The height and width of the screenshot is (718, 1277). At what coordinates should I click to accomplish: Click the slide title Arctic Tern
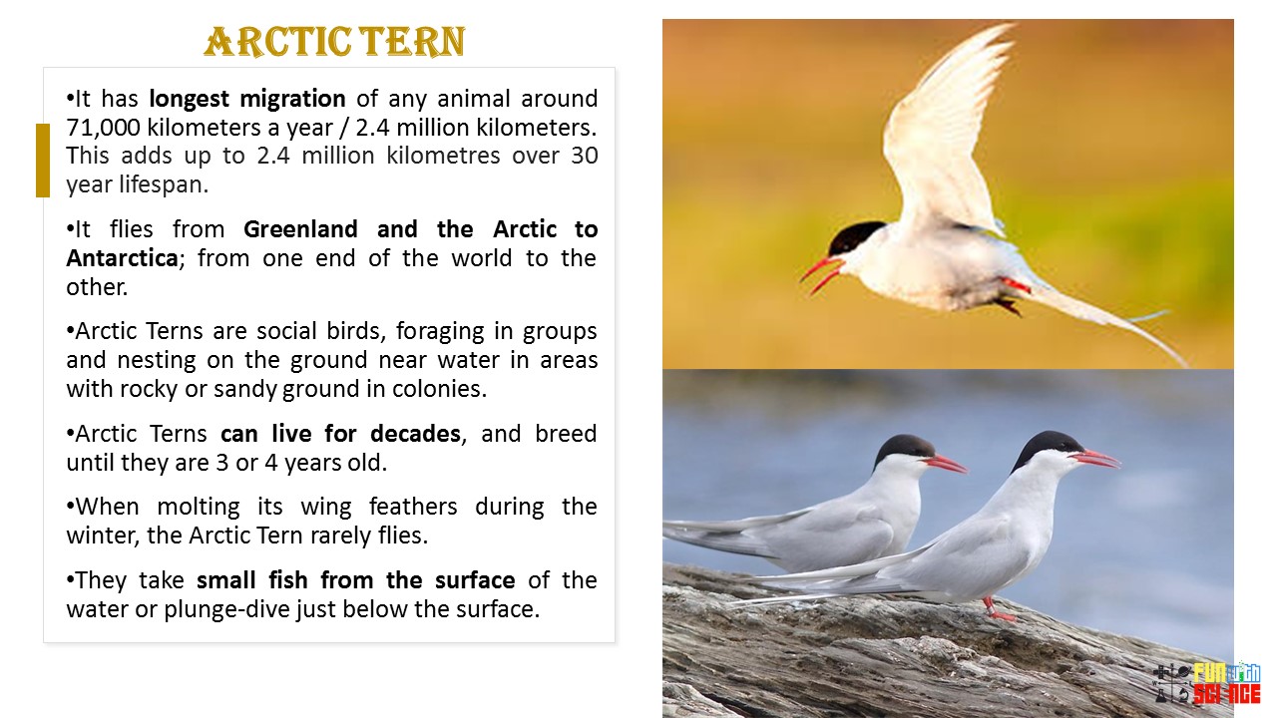[x=334, y=42]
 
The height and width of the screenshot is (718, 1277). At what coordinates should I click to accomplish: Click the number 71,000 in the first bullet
[x=103, y=127]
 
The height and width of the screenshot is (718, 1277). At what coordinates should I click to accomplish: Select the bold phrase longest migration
[x=247, y=99]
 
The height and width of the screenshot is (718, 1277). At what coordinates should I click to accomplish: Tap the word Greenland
[x=300, y=229]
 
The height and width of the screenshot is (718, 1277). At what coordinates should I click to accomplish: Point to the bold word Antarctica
[x=123, y=258]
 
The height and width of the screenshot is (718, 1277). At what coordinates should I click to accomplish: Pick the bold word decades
[x=415, y=434]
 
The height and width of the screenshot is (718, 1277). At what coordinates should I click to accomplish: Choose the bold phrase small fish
[x=253, y=580]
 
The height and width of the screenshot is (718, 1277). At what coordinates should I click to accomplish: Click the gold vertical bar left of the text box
[x=43, y=161]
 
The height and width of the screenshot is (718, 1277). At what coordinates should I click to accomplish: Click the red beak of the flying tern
[x=822, y=272]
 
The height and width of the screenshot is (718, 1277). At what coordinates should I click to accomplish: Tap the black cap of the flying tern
[x=855, y=236]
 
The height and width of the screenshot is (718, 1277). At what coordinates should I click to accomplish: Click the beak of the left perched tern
[x=945, y=464]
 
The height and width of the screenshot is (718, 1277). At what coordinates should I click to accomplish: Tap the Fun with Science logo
[x=1207, y=684]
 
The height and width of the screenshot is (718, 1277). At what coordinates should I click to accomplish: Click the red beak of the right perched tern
[x=1095, y=458]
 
